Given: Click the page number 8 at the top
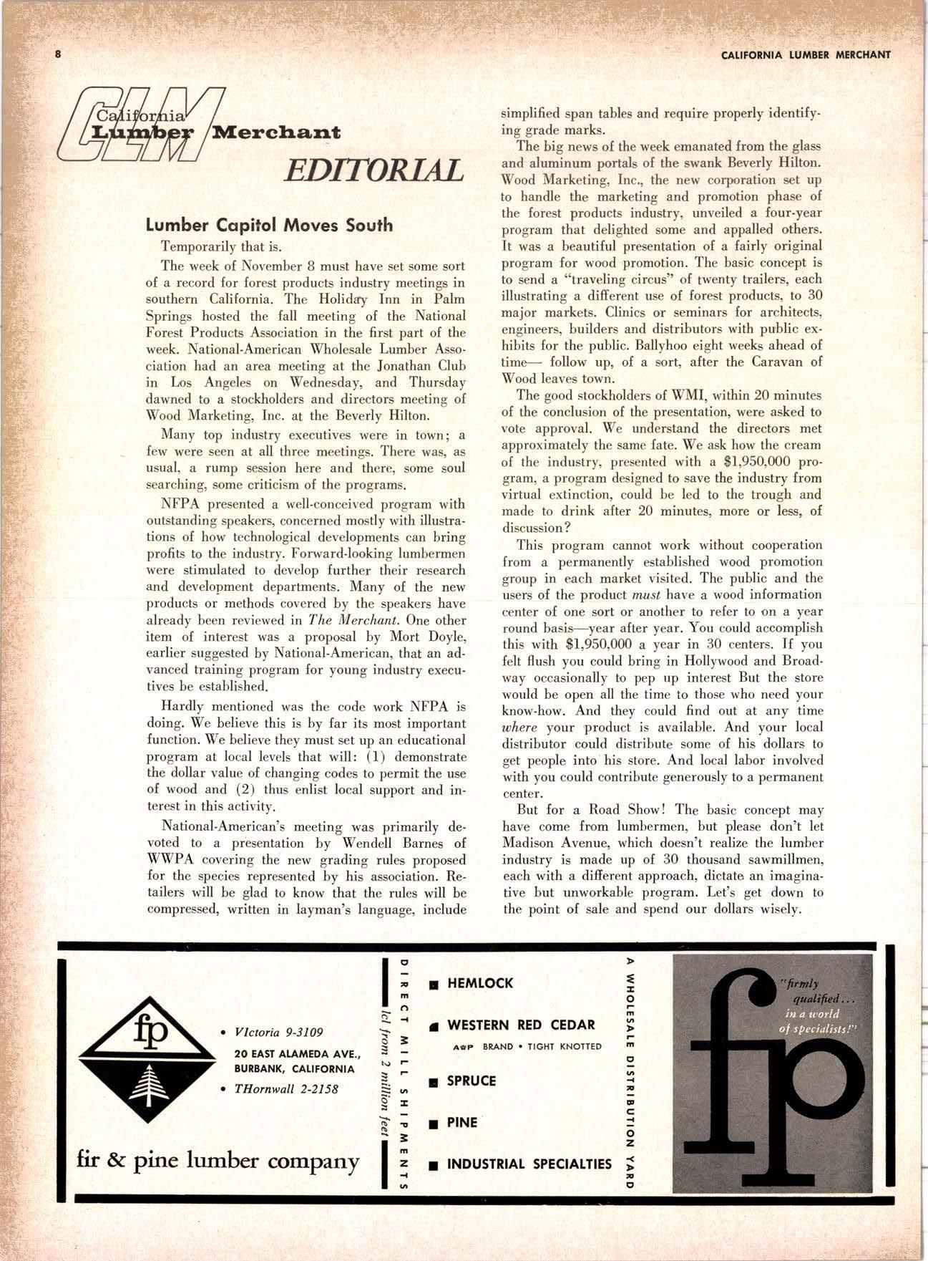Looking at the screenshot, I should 57,54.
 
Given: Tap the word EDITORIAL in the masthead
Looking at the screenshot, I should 372,170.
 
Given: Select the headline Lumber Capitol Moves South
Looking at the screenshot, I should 269,226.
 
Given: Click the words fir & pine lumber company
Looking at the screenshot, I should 218,1159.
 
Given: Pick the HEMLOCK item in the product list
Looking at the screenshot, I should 479,984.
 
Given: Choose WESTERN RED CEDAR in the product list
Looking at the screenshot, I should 520,1025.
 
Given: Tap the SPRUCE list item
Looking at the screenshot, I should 471,1081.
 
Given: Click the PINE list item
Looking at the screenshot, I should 461,1122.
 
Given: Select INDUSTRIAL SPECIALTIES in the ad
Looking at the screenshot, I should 529,1164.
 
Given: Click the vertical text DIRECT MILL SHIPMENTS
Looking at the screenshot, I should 402,1074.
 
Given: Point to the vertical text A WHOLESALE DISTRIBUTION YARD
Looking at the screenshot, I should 630,1074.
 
